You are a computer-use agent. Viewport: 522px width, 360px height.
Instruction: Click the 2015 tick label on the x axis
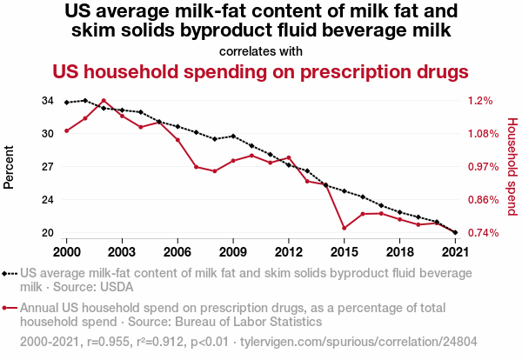pos(344,251)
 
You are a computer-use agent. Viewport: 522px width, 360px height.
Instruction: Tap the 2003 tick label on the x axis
pos(122,251)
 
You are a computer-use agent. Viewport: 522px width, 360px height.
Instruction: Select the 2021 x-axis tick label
pos(454,251)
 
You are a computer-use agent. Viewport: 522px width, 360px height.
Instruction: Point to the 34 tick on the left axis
pos(47,101)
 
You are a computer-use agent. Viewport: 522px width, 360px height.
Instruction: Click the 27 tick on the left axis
pos(47,167)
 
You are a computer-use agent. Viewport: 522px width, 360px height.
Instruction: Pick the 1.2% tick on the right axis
pos(479,101)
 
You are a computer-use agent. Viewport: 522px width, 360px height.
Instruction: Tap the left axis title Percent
pos(10,167)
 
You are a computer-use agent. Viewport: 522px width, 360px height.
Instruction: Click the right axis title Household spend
pos(512,167)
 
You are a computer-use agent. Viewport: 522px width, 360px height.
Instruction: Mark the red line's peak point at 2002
pos(104,101)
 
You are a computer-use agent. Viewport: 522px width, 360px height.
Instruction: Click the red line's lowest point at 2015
pos(344,229)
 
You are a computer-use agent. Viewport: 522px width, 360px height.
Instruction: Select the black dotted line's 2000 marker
pos(67,103)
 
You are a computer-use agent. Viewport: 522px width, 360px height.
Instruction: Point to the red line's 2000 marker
pos(67,130)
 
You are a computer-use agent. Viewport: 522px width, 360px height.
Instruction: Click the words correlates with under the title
pos(260,50)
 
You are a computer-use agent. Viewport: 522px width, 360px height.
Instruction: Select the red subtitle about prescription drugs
pos(260,70)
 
